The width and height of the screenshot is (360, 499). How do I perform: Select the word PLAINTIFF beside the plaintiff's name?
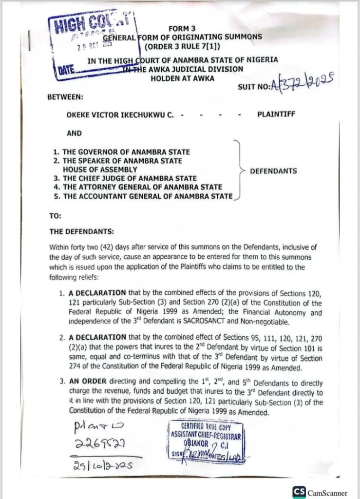pos(275,115)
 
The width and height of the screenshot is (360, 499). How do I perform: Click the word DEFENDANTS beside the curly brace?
pos(273,171)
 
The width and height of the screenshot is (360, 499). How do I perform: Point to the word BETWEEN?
pos(65,96)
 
